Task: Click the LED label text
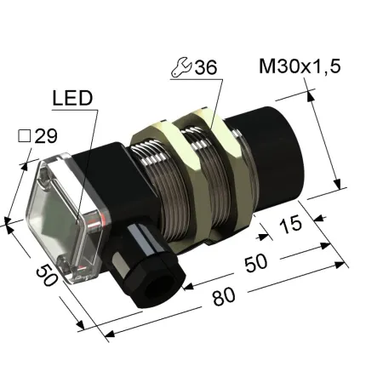72,98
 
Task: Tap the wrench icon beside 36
181,67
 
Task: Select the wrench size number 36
206,67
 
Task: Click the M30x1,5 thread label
300,66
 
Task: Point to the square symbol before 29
25,136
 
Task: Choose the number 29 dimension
46,136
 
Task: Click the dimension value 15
290,224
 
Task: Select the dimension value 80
224,297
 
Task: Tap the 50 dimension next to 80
255,263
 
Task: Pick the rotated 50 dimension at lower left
47,275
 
